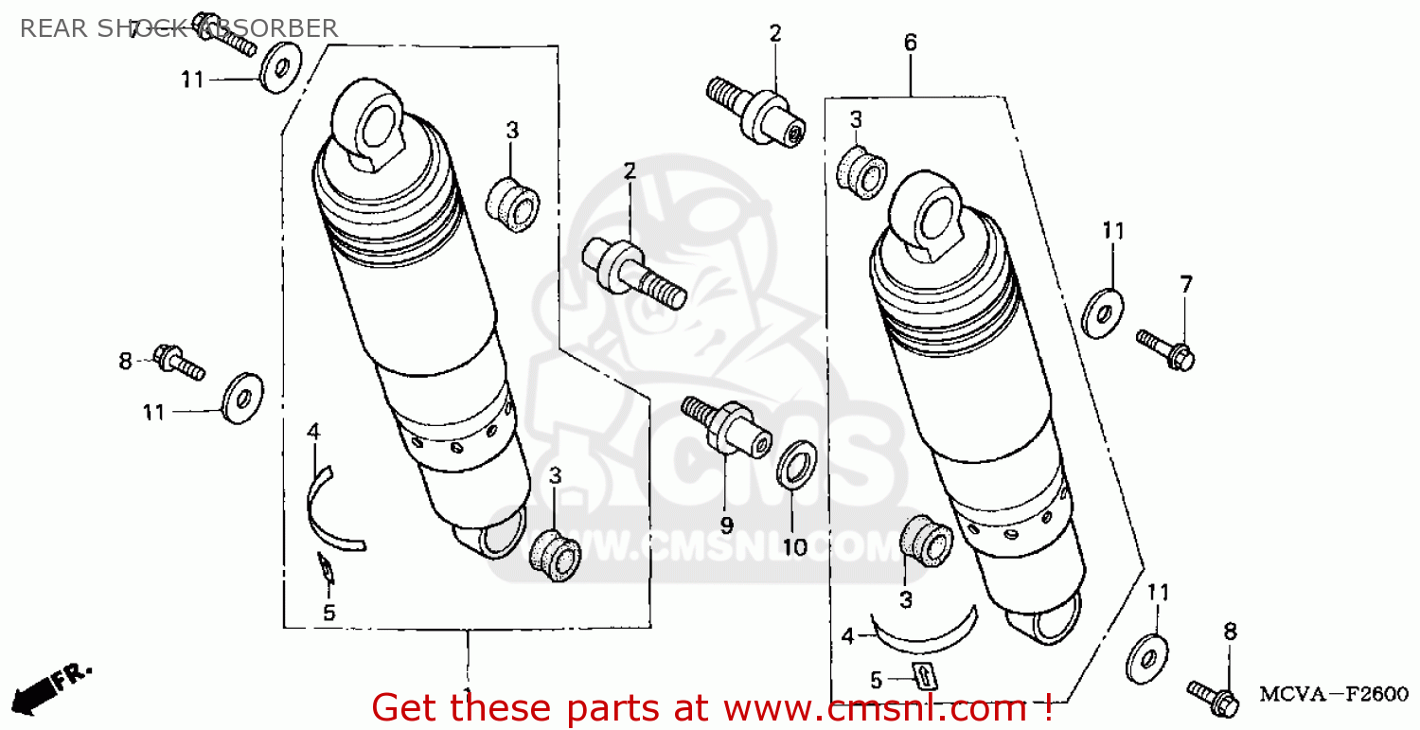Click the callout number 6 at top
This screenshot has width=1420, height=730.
point(910,43)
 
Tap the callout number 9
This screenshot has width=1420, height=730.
point(726,524)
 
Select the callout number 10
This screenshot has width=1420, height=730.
point(792,547)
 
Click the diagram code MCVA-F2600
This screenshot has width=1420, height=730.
point(1333,695)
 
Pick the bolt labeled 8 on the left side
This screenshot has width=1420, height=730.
point(179,362)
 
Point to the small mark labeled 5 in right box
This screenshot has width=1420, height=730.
point(922,676)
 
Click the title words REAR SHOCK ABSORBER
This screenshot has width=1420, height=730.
point(178,28)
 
